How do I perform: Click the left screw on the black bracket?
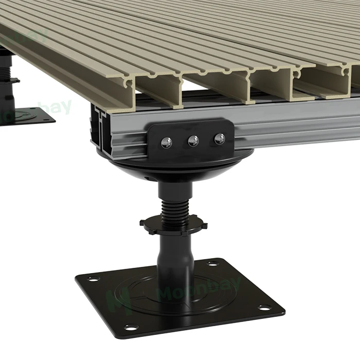click(167, 142)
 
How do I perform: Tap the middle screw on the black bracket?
click(193, 140)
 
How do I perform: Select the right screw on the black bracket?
click(220, 138)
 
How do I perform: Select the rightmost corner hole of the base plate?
click(264, 308)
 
